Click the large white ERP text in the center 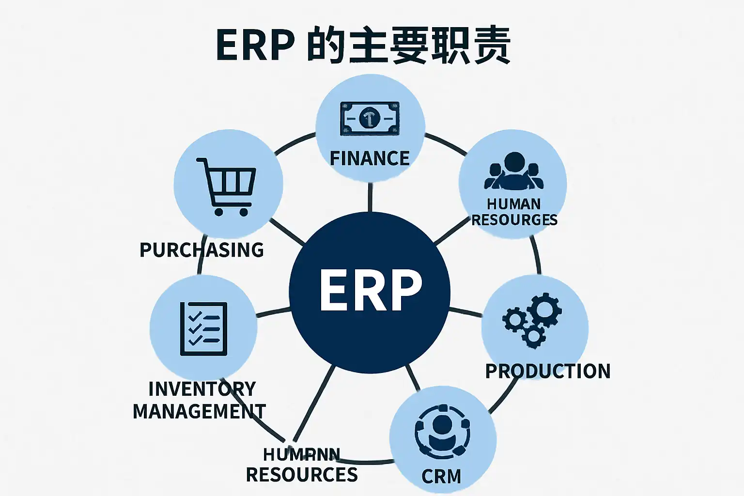(x=371, y=291)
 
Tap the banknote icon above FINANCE (x=370, y=118)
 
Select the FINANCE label (x=370, y=158)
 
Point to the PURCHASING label (x=201, y=250)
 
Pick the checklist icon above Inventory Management (x=203, y=329)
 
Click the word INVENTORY (x=202, y=389)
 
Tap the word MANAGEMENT (x=199, y=411)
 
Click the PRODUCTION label (x=548, y=371)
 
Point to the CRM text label (x=441, y=476)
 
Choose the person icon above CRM (x=442, y=431)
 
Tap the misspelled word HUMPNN (x=301, y=454)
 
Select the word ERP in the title (x=255, y=46)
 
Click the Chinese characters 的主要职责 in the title (x=409, y=46)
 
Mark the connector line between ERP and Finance (x=370, y=197)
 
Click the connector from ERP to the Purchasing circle (x=287, y=231)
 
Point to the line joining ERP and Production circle (x=465, y=311)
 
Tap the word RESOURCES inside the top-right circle (x=514, y=220)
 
